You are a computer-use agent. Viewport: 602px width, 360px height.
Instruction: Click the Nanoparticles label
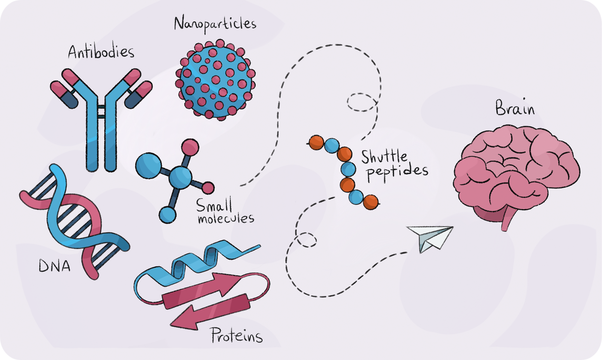click(x=215, y=24)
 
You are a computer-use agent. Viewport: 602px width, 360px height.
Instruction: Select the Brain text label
click(x=515, y=108)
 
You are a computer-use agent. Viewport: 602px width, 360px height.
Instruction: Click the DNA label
click(x=55, y=266)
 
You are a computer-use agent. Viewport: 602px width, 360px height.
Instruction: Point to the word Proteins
click(x=237, y=335)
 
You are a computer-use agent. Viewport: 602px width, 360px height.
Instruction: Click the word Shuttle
click(x=384, y=157)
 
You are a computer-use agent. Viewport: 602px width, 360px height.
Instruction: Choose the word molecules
click(x=226, y=218)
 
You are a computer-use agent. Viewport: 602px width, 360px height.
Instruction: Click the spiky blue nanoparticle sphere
click(x=215, y=80)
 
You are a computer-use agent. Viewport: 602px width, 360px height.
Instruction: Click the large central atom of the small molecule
click(x=180, y=177)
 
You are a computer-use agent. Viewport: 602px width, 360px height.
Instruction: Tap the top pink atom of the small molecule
click(x=190, y=147)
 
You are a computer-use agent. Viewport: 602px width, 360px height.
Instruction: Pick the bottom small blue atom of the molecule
click(x=167, y=215)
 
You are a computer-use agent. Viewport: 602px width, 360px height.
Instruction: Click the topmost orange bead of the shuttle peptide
click(x=316, y=142)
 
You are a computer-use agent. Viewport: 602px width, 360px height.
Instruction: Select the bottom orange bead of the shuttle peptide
click(x=371, y=202)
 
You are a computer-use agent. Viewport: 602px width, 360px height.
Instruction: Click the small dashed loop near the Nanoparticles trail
click(x=362, y=102)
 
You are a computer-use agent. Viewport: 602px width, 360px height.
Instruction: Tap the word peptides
click(x=397, y=172)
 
